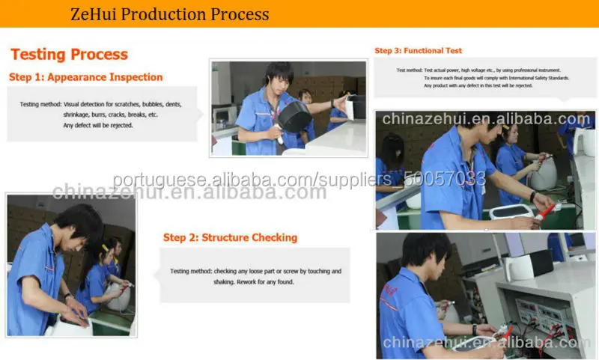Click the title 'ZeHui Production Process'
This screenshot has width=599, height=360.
(169, 14)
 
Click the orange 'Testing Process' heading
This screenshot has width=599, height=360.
(69, 55)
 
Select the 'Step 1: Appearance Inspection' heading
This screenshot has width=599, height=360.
(85, 77)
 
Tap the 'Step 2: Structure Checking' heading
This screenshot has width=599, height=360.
(230, 237)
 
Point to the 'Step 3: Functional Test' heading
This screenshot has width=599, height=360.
(418, 51)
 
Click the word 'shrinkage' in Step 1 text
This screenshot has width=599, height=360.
(77, 115)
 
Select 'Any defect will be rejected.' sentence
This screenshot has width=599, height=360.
(97, 125)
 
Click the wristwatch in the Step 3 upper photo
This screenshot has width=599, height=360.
(533, 196)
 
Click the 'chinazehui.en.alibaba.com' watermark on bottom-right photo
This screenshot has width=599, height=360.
(487, 343)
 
